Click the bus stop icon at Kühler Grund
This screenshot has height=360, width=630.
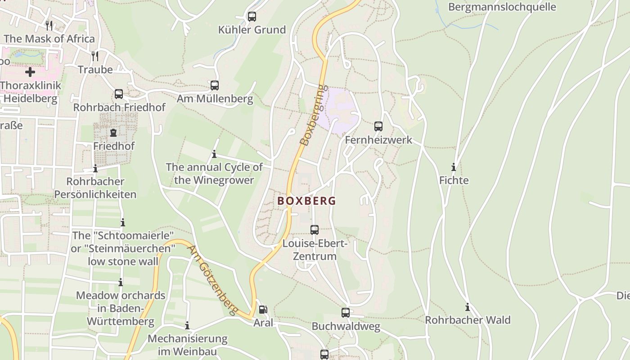[x=252, y=17]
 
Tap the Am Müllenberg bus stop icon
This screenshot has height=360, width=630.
[x=215, y=85]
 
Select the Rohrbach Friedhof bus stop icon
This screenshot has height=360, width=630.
[x=119, y=94]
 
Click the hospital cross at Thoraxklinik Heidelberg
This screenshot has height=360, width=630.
[x=30, y=72]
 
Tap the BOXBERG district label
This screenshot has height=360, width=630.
[x=306, y=201]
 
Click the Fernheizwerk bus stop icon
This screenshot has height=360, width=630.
[x=378, y=126]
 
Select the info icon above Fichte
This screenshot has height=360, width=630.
[x=454, y=167]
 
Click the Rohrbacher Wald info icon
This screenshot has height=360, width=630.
[x=468, y=307]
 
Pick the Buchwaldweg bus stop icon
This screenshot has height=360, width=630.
[x=346, y=313]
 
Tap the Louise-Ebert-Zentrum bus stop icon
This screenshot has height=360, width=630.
[x=315, y=230]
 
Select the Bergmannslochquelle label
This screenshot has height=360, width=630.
[x=502, y=7]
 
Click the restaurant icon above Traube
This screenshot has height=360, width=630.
[x=95, y=56]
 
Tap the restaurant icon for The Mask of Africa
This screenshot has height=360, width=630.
[x=49, y=25]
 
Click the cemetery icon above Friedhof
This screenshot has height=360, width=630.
[x=113, y=133]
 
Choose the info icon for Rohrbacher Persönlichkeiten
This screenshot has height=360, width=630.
[x=95, y=169]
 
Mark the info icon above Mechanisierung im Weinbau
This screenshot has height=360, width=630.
[x=187, y=325]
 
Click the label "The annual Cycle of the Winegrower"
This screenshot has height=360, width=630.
[x=214, y=174]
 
